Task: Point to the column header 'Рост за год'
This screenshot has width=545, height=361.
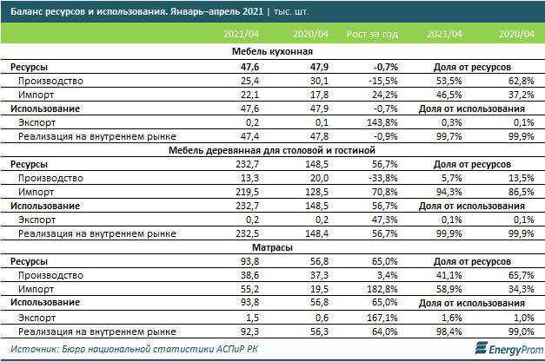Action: click(371, 34)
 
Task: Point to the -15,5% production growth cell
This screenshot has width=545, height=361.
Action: click(382, 79)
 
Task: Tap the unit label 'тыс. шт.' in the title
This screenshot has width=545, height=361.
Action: click(272, 12)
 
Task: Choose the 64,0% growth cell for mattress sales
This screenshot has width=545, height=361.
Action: click(383, 331)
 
